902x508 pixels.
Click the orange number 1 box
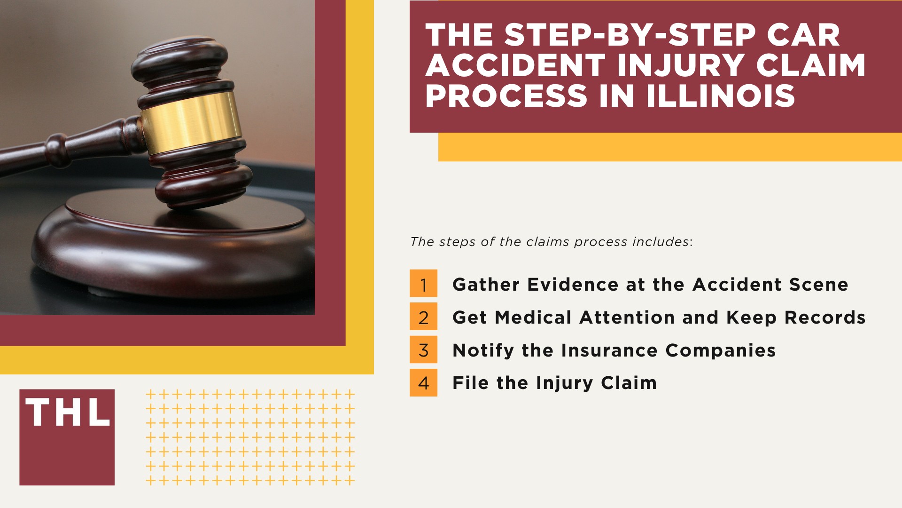tap(423, 283)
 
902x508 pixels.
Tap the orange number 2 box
tap(423, 317)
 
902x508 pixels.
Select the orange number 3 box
tap(423, 349)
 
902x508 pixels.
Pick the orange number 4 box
tap(423, 382)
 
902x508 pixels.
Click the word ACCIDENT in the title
tap(515, 65)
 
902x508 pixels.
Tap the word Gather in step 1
tap(486, 285)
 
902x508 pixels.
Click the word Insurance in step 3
tap(609, 350)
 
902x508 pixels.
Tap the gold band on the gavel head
tap(190, 122)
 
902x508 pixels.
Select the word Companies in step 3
tap(720, 350)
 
